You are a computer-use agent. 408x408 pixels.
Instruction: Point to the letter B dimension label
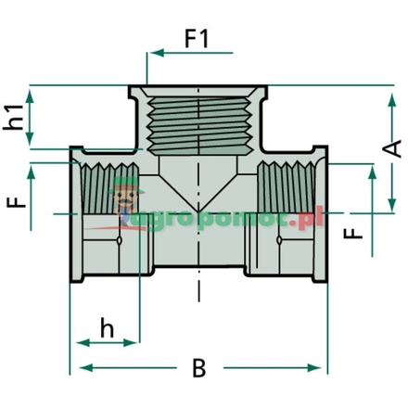198,368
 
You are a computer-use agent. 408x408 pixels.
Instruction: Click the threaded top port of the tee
200,120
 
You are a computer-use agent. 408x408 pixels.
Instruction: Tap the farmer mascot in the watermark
121,206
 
